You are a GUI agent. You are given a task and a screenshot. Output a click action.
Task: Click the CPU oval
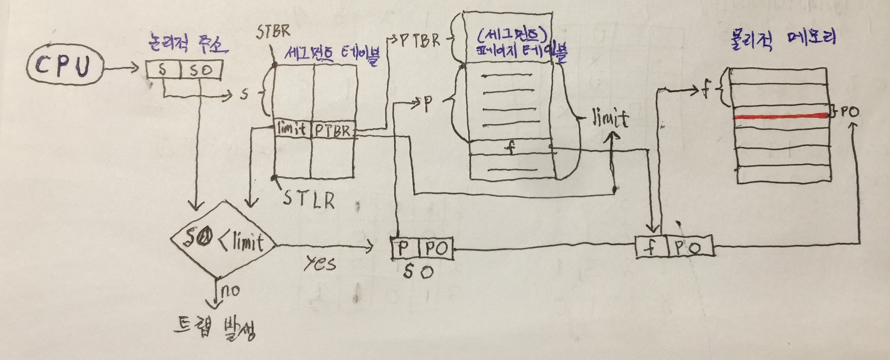pos(65,67)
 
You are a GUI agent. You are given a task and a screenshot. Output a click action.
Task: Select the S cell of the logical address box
pos(163,70)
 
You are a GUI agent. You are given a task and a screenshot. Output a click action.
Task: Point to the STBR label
pos(273,32)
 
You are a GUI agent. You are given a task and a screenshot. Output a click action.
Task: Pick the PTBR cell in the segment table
pos(333,131)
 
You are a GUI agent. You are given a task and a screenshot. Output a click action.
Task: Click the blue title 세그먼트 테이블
pos(332,55)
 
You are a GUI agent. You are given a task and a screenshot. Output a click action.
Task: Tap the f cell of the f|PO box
pos(651,247)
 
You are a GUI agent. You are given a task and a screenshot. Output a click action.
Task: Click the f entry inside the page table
pos(510,148)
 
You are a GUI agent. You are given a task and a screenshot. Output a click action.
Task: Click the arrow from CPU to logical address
pos(121,68)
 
